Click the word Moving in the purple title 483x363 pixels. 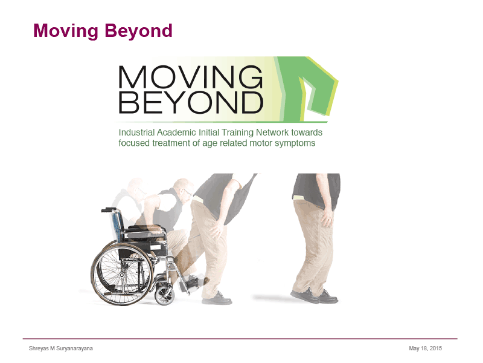(66, 31)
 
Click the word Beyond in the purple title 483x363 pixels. (138, 31)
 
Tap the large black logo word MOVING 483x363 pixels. (191, 77)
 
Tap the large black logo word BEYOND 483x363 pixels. (191, 102)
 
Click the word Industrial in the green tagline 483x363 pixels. (137, 132)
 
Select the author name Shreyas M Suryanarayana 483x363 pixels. (61, 348)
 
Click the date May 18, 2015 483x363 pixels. (426, 348)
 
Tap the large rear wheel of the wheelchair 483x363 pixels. (123, 273)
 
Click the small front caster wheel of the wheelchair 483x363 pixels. (164, 295)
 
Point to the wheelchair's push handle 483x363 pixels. (109, 210)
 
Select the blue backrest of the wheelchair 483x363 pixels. (117, 225)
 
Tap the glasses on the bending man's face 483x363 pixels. (187, 192)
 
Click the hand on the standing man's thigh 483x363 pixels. (327, 218)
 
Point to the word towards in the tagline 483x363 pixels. (307, 132)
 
